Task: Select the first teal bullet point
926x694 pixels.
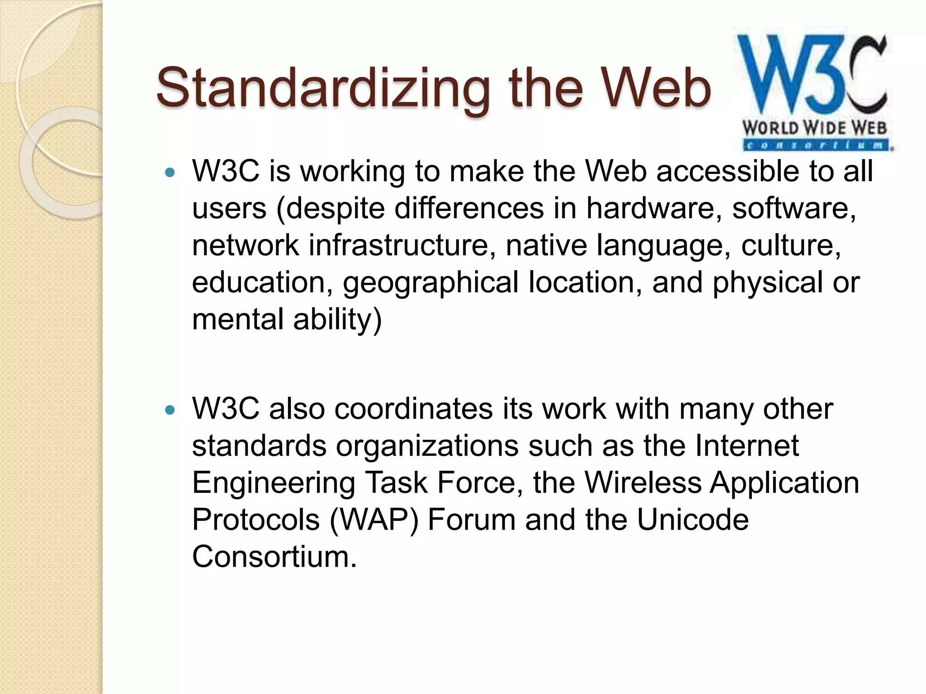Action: [x=170, y=172]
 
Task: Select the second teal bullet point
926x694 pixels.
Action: [x=170, y=410]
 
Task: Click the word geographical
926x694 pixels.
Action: [x=430, y=283]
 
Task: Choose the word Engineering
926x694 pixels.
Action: [x=274, y=483]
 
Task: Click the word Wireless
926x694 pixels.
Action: [x=643, y=483]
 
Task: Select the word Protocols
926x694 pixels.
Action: [x=256, y=520]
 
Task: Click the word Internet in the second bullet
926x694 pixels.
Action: [x=746, y=446]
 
